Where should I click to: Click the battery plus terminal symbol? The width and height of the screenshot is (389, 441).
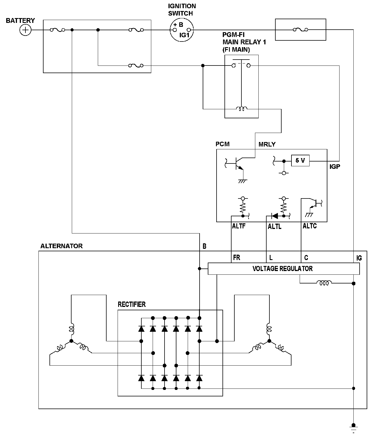[25, 30]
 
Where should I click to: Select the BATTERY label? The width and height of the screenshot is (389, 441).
[20, 21]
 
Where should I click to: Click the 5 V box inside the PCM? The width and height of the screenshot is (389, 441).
[300, 161]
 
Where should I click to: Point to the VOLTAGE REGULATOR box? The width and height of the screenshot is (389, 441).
[284, 268]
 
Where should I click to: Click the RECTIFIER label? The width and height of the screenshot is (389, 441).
[132, 304]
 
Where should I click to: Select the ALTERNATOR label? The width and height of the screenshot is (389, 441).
[61, 246]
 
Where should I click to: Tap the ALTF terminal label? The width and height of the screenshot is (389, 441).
[239, 226]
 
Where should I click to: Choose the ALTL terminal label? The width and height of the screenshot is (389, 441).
[275, 227]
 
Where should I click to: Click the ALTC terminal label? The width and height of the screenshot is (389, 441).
[310, 226]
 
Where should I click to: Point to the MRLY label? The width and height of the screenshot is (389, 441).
[267, 144]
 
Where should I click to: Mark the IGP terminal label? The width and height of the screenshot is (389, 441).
[335, 167]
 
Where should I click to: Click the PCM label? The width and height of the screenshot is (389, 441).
[222, 144]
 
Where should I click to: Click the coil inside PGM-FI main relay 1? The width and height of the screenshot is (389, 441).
[242, 109]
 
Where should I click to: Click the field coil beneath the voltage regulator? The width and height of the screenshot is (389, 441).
[324, 283]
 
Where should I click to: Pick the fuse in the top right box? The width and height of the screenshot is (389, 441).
[301, 29]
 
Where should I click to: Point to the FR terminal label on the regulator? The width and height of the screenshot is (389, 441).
[237, 258]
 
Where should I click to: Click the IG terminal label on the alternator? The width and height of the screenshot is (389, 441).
[359, 258]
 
